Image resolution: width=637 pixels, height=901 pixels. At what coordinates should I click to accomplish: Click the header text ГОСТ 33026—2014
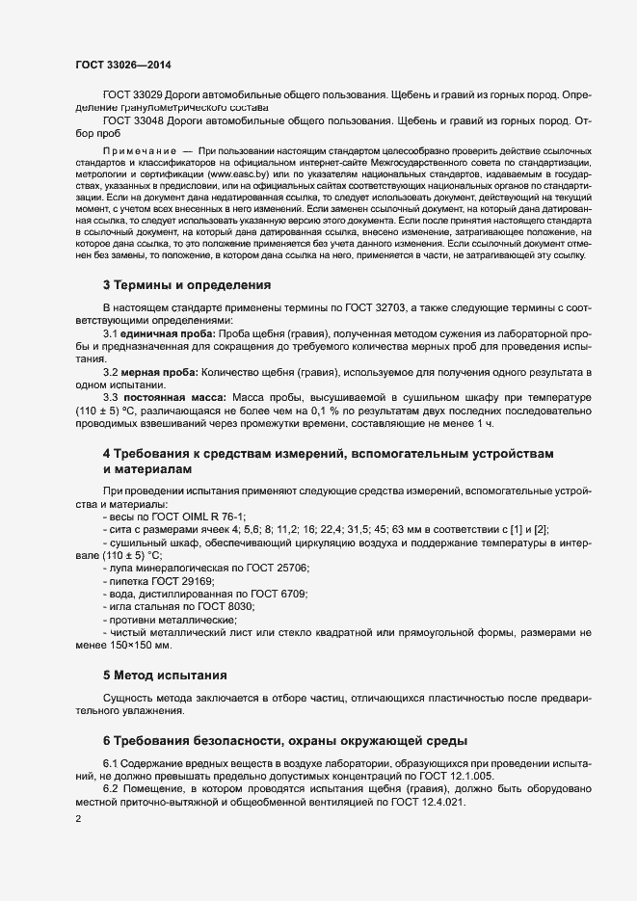point(123,66)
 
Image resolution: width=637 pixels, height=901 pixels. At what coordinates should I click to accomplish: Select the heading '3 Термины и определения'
point(187,285)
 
